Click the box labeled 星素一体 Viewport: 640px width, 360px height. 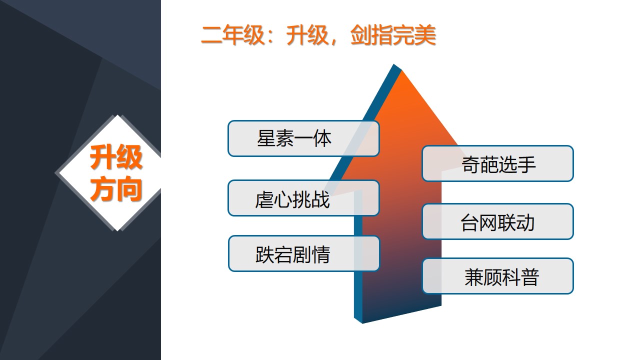[303, 138]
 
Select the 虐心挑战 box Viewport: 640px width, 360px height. [303, 198]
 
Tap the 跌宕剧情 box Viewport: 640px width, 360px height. [304, 253]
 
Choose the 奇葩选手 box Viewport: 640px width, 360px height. [497, 163]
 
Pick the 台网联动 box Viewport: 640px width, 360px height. [497, 221]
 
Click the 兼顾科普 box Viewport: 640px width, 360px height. [497, 276]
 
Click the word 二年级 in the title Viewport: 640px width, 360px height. [232, 35]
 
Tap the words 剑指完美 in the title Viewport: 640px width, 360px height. [393, 35]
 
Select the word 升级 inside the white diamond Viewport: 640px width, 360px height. [116, 157]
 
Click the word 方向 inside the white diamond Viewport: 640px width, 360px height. [116, 188]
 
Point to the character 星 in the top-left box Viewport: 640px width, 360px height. [266, 138]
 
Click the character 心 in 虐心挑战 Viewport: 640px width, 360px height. [282, 199]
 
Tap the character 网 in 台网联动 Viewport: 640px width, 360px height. [488, 222]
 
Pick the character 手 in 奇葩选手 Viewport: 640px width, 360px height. [526, 164]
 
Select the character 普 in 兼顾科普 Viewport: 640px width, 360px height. [530, 277]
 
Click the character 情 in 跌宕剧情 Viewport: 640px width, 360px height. [321, 254]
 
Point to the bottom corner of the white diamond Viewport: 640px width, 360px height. [117, 230]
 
